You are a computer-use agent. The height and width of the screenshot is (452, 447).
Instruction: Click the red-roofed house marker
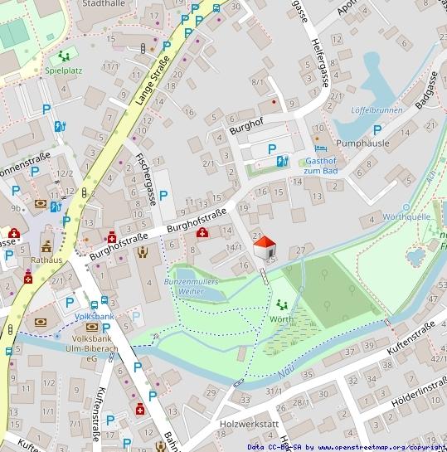(x=265, y=248)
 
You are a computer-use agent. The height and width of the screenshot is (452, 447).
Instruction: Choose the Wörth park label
(x=281, y=318)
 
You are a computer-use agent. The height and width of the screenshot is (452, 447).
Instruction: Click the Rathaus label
(x=46, y=259)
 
